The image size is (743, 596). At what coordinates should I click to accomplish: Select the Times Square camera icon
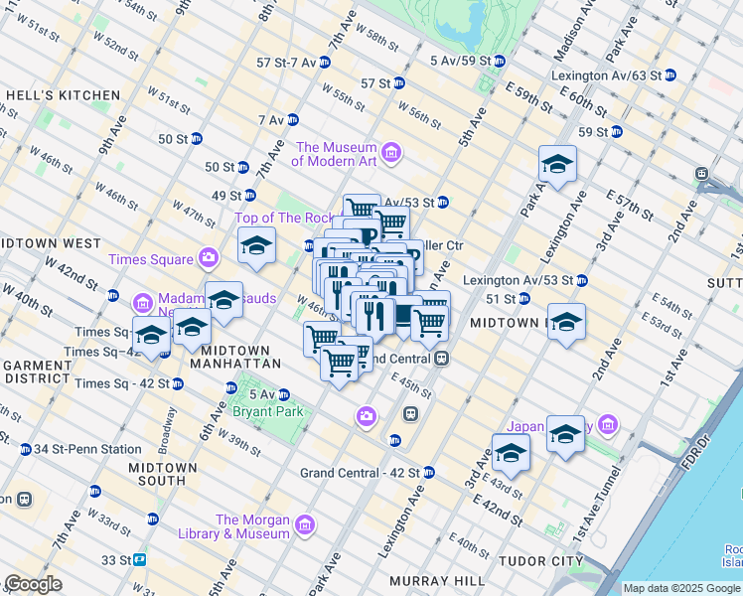[208, 258]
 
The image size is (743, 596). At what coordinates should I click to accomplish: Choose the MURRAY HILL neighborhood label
[436, 580]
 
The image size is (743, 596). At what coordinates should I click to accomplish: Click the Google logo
[33, 584]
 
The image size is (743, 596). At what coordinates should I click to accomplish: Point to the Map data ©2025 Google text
[681, 588]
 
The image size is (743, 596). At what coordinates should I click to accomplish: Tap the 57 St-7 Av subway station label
[286, 62]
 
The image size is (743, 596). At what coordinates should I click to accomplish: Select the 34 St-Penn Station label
[88, 449]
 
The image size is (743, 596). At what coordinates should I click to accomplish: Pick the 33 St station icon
[140, 560]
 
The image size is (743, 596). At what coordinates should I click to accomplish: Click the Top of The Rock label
[284, 218]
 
